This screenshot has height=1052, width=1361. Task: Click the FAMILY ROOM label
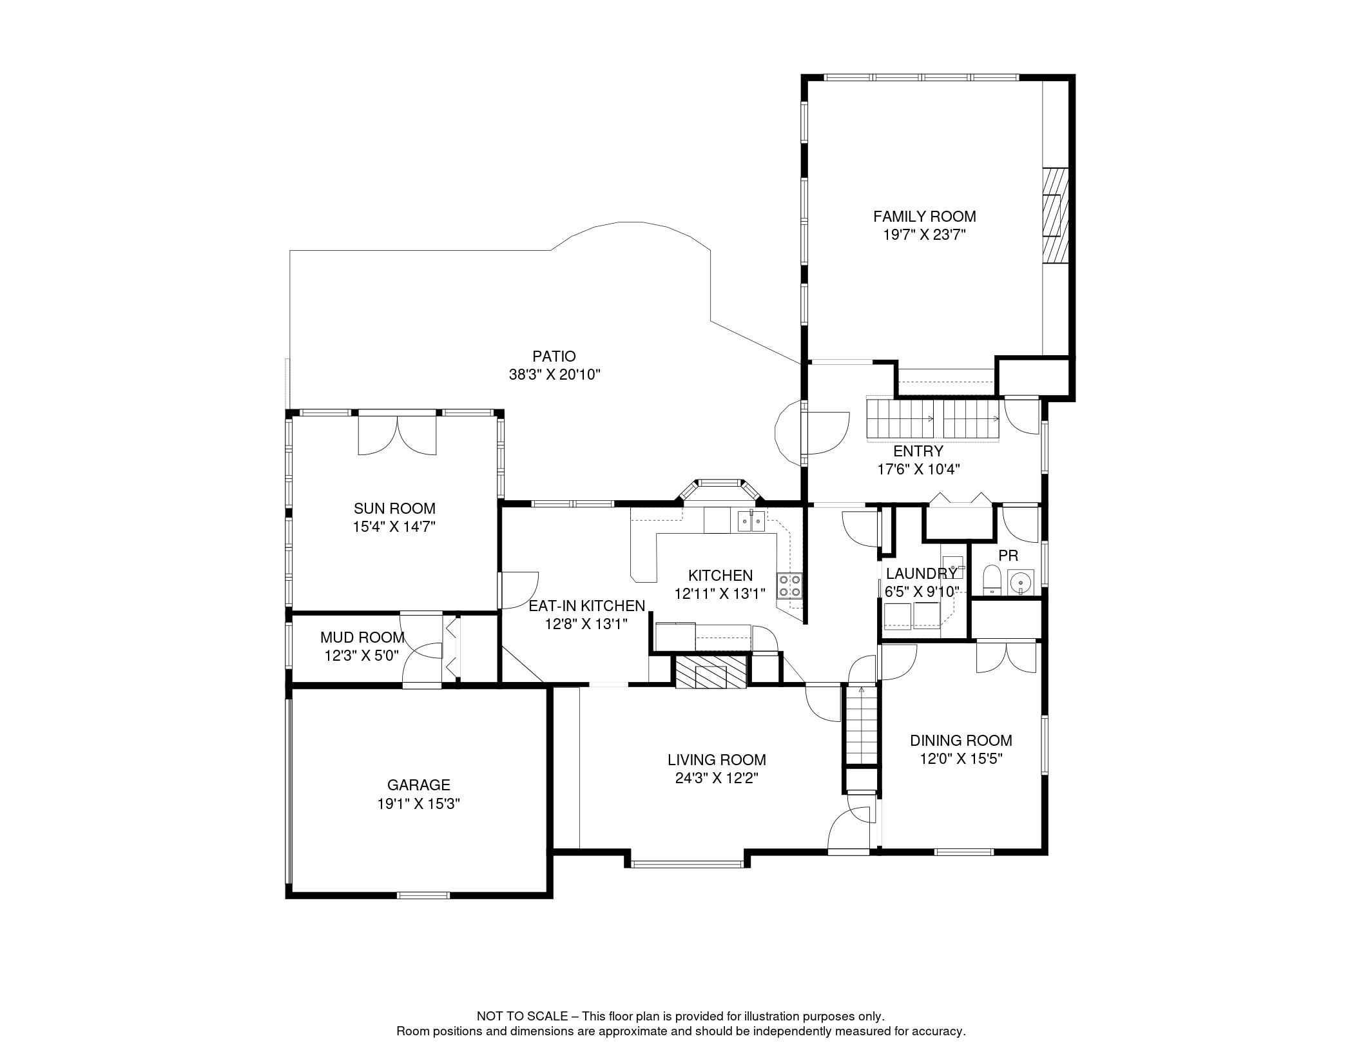[924, 217]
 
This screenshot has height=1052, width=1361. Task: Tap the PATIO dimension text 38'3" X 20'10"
[555, 375]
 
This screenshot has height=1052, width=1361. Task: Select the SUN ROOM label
[394, 509]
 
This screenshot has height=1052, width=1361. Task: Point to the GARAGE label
[418, 785]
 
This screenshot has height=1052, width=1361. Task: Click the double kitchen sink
[751, 520]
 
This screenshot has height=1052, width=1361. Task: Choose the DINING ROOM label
[961, 741]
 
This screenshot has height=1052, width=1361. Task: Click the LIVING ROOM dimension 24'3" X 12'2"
[717, 778]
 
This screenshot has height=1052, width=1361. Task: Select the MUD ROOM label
[362, 638]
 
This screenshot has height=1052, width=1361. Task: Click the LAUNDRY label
[922, 574]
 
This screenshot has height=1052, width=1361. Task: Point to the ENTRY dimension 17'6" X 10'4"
[919, 469]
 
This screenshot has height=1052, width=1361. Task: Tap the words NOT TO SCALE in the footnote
[522, 1016]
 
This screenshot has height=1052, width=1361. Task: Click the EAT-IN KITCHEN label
[586, 606]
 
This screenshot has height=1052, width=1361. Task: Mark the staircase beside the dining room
[862, 725]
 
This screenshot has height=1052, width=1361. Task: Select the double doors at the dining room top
[1006, 657]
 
